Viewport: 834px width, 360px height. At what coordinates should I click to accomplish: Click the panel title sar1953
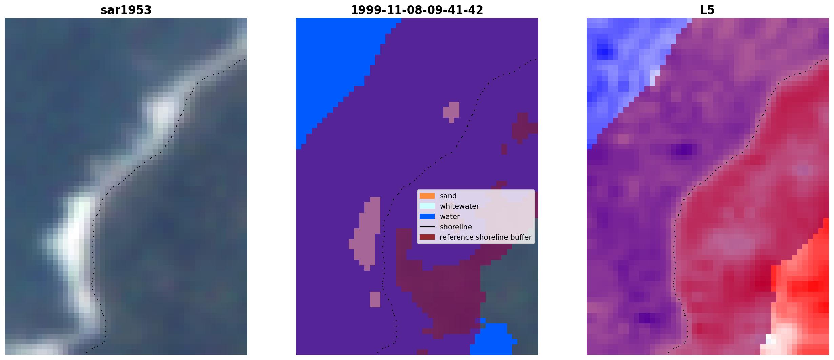(126, 10)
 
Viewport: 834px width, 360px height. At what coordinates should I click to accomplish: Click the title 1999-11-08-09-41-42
(417, 10)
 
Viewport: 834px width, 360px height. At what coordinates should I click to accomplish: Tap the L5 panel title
(707, 10)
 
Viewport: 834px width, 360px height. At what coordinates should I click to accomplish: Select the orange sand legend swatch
(427, 196)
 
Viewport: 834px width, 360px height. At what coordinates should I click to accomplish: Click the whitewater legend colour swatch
(427, 206)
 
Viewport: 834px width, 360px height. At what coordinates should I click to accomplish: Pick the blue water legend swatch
(427, 216)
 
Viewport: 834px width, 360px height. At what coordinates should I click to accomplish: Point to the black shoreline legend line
(427, 227)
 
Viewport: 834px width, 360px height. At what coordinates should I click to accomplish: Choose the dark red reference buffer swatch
(427, 237)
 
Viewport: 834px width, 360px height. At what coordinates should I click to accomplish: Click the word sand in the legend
(448, 196)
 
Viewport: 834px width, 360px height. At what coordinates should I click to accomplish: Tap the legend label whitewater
(459, 206)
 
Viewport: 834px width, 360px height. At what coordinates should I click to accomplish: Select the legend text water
(450, 217)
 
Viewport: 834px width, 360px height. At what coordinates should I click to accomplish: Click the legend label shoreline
(456, 227)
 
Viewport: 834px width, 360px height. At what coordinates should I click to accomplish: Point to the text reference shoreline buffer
(485, 237)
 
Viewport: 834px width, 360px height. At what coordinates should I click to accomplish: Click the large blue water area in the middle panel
(332, 68)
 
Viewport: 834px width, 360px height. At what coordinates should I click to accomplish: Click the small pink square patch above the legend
(452, 111)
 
